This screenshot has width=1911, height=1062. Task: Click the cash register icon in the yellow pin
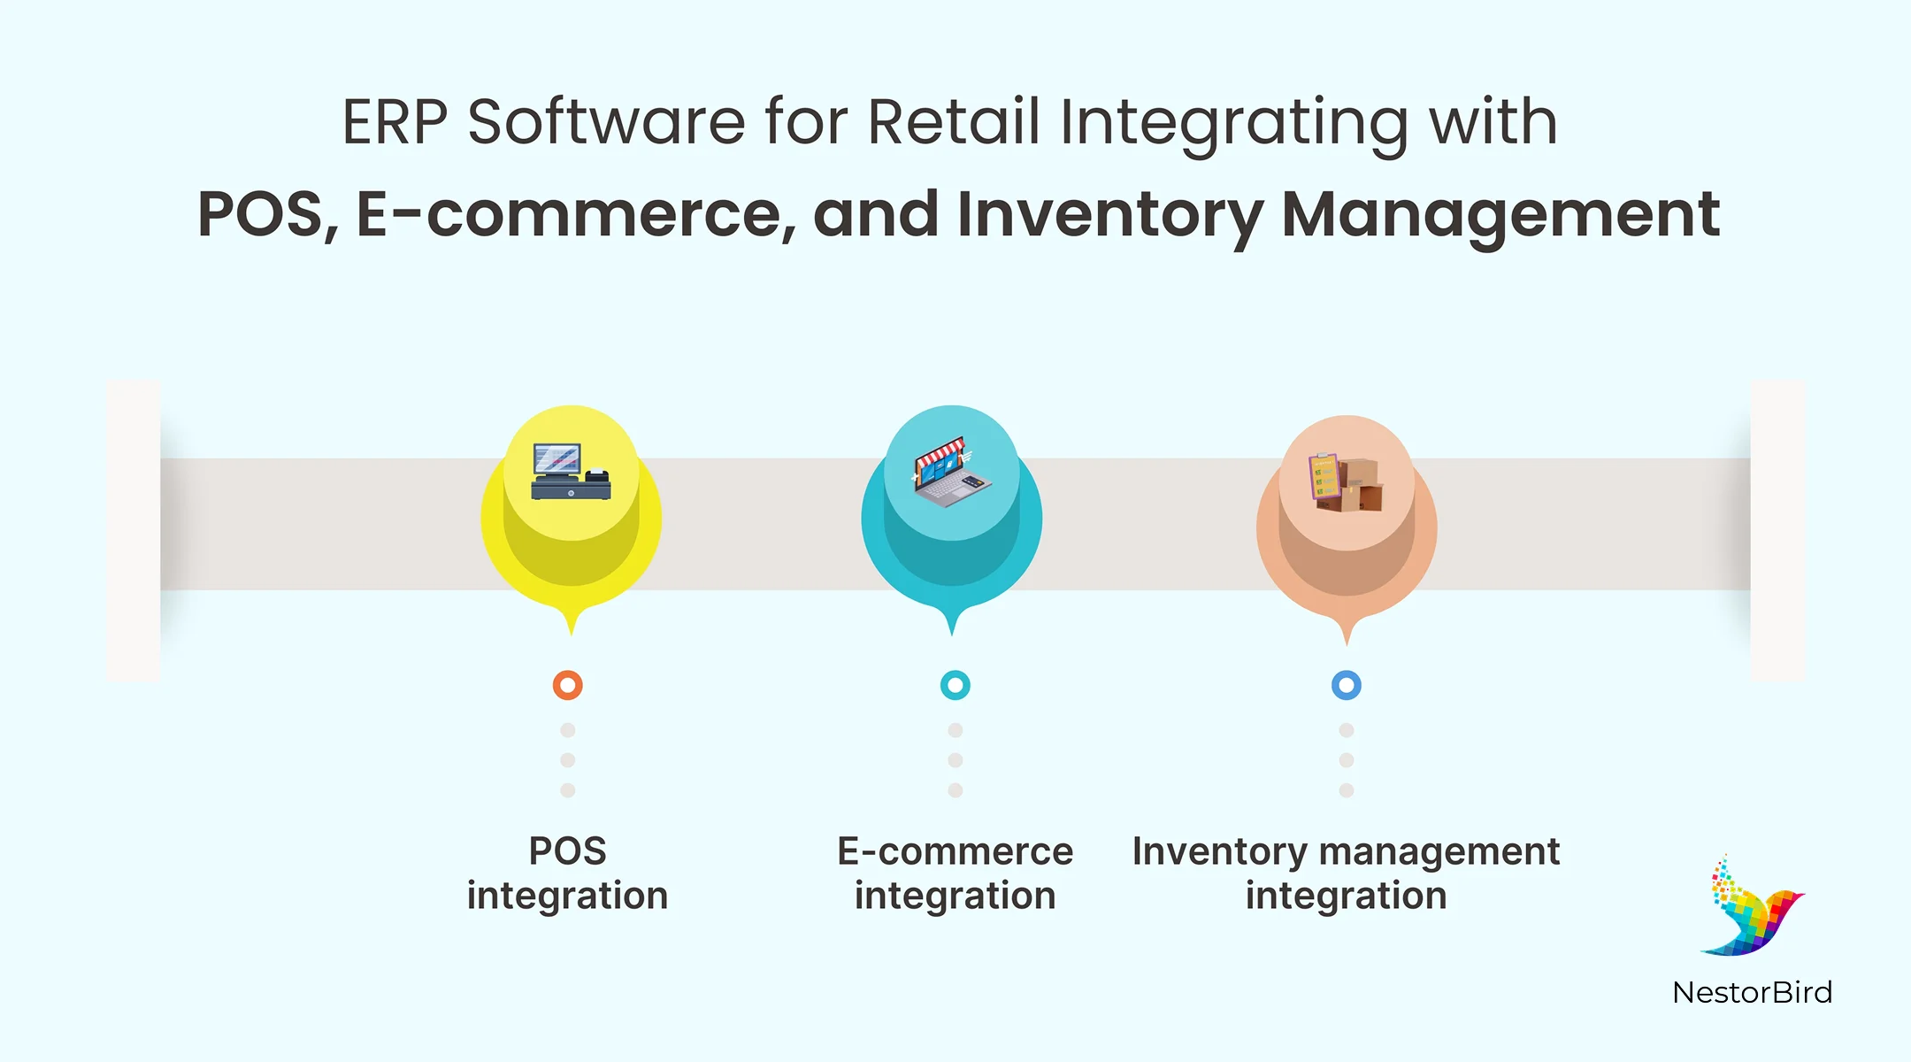(571, 472)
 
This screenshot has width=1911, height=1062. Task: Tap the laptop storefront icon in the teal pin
(952, 473)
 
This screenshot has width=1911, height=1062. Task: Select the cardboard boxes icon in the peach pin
(1346, 483)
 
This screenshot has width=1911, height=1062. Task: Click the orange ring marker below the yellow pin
(567, 685)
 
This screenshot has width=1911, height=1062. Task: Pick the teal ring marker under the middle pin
(955, 685)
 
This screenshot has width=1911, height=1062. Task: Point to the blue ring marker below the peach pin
(1346, 685)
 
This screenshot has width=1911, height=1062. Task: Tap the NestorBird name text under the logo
(1752, 992)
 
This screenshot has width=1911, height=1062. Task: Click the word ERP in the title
(395, 122)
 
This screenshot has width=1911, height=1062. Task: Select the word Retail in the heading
(953, 122)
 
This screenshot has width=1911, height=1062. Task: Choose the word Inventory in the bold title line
(1109, 215)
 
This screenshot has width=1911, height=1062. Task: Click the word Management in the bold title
(1500, 215)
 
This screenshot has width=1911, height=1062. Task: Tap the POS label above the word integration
(567, 851)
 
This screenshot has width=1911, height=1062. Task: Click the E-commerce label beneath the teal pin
(955, 851)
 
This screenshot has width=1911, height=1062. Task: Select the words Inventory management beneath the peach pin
(1346, 851)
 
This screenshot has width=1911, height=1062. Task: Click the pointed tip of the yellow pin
(572, 629)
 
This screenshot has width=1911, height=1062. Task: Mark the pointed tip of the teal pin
(952, 629)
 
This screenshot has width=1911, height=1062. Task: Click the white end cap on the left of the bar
(134, 531)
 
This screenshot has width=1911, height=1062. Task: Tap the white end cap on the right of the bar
(1777, 531)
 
